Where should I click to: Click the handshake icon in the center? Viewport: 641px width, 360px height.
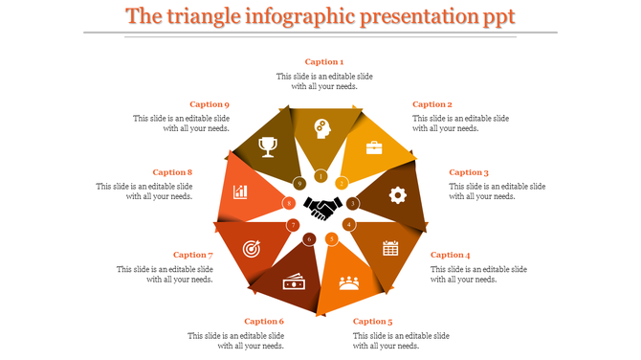pyautogui.click(x=323, y=206)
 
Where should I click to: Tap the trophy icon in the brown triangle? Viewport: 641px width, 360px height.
pyautogui.click(x=268, y=146)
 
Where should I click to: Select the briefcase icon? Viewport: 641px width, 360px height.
pyautogui.click(x=373, y=147)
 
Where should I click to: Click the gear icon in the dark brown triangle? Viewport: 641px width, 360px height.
pyautogui.click(x=398, y=194)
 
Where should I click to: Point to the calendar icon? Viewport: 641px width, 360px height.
pyautogui.click(x=390, y=248)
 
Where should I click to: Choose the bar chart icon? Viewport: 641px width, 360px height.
pyautogui.click(x=240, y=192)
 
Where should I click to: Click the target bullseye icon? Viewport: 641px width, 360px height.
pyautogui.click(x=252, y=248)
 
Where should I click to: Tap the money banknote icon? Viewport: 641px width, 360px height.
pyautogui.click(x=293, y=281)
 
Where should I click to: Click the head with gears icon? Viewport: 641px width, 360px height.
pyautogui.click(x=320, y=127)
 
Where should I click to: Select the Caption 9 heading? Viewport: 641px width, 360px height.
pyautogui.click(x=209, y=104)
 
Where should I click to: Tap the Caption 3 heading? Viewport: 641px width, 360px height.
pyautogui.click(x=469, y=172)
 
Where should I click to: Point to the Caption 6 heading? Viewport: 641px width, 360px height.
pyautogui.click(x=264, y=322)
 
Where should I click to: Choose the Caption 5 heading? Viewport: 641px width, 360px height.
pyautogui.click(x=372, y=322)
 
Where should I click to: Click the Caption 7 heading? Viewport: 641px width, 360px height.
pyautogui.click(x=191, y=255)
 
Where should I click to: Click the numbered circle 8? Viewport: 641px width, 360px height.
pyautogui.click(x=288, y=203)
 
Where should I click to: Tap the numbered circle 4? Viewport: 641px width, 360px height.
pyautogui.click(x=349, y=224)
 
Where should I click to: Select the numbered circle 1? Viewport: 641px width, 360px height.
pyautogui.click(x=320, y=177)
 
